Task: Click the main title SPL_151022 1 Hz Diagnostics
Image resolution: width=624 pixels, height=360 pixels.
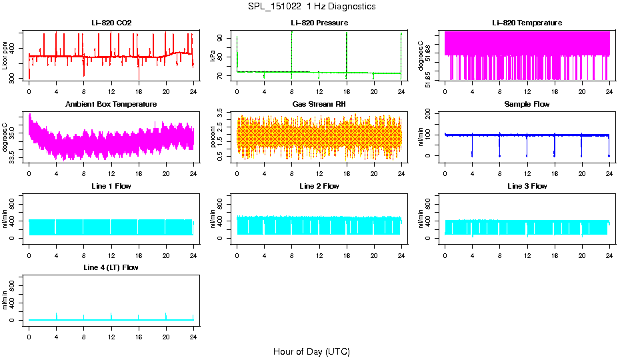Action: coord(311,7)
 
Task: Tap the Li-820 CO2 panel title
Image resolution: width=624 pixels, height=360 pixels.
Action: coord(111,23)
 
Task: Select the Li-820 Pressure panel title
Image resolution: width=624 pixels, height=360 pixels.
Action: coord(319,23)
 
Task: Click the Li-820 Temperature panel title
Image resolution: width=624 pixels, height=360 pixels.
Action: coord(527,23)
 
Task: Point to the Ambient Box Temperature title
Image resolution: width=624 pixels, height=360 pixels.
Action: coord(111,105)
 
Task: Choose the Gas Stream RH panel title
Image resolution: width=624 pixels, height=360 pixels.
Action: coord(319,105)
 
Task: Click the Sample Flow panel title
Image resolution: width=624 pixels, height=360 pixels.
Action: coord(527,105)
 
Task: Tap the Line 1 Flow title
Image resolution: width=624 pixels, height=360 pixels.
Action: coord(111,186)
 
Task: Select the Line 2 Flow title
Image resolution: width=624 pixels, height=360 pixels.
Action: coord(319,186)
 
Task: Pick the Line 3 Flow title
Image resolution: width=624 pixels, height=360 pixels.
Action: coord(527,186)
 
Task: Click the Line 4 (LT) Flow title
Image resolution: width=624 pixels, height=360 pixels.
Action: coord(111,267)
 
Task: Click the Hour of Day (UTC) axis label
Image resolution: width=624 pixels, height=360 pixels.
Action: coord(311,351)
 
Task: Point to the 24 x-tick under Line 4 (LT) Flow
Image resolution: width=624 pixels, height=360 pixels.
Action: coord(193,333)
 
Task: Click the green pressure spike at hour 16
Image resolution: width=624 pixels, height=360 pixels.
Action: coord(347,50)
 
